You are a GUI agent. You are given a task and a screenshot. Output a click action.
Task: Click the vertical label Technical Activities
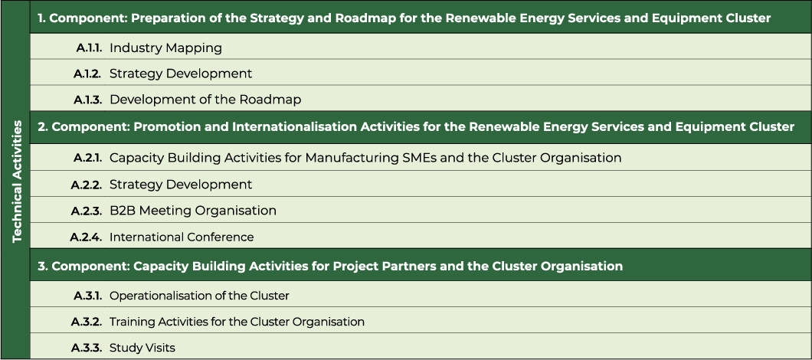pyautogui.click(x=18, y=182)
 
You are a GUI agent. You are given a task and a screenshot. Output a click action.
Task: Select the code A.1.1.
pyautogui.click(x=89, y=48)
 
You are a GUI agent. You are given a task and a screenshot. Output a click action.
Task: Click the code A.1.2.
pyautogui.click(x=87, y=74)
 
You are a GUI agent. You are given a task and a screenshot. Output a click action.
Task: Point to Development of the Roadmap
pyautogui.click(x=205, y=100)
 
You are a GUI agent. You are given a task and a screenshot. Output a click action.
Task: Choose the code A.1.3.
pyautogui.click(x=87, y=100)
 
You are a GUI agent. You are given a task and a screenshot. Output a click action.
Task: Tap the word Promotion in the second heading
pyautogui.click(x=162, y=127)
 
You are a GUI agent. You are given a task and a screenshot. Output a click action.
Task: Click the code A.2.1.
pyautogui.click(x=87, y=158)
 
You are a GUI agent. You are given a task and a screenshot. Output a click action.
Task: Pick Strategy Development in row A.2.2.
pyautogui.click(x=181, y=185)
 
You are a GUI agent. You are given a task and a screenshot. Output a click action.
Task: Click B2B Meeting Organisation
pyautogui.click(x=192, y=211)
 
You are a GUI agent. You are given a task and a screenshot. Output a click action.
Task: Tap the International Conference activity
pyautogui.click(x=182, y=237)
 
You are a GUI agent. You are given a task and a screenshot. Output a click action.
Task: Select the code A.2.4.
pyautogui.click(x=86, y=237)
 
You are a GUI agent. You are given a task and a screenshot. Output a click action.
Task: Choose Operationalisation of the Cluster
pyautogui.click(x=199, y=296)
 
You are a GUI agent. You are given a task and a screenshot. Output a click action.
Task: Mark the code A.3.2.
pyautogui.click(x=86, y=322)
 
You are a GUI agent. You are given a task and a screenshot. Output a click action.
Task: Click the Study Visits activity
pyautogui.click(x=142, y=348)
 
